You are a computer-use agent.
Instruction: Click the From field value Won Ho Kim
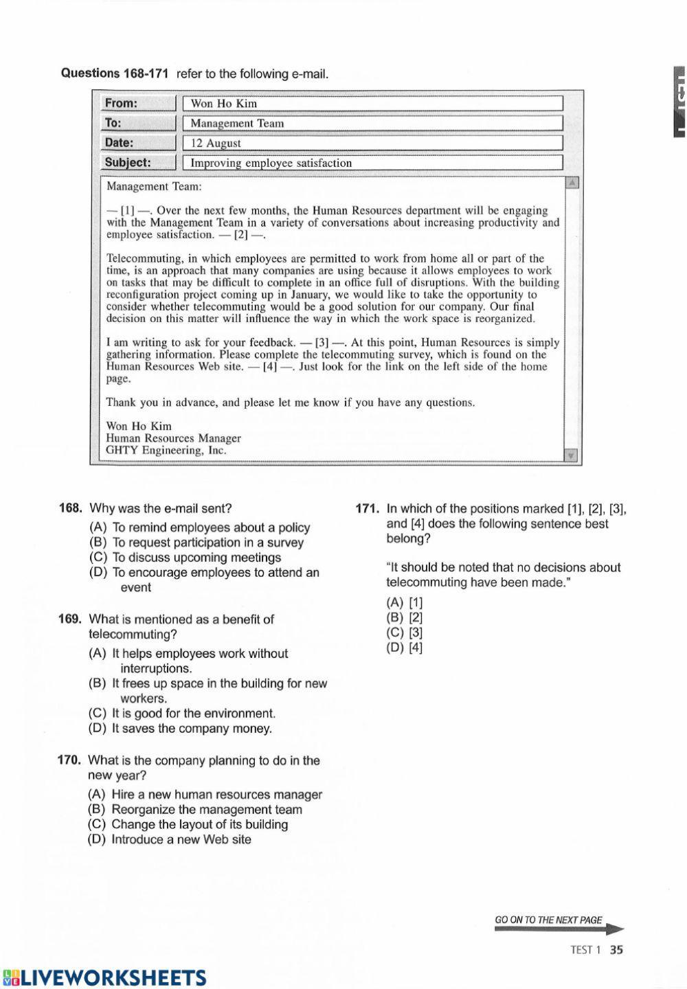[224, 104]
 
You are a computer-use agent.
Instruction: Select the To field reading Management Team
[237, 124]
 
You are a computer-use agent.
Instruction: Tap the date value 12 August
[216, 144]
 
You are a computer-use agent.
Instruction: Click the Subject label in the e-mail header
[127, 163]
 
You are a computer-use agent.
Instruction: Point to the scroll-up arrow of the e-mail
[572, 183]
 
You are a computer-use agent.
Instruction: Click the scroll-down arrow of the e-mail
[570, 455]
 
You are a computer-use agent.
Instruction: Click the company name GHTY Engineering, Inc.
[166, 451]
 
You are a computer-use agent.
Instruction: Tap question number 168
[71, 508]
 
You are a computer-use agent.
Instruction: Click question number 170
[70, 760]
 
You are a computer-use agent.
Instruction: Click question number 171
[367, 509]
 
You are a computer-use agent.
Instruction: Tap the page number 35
[616, 951]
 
